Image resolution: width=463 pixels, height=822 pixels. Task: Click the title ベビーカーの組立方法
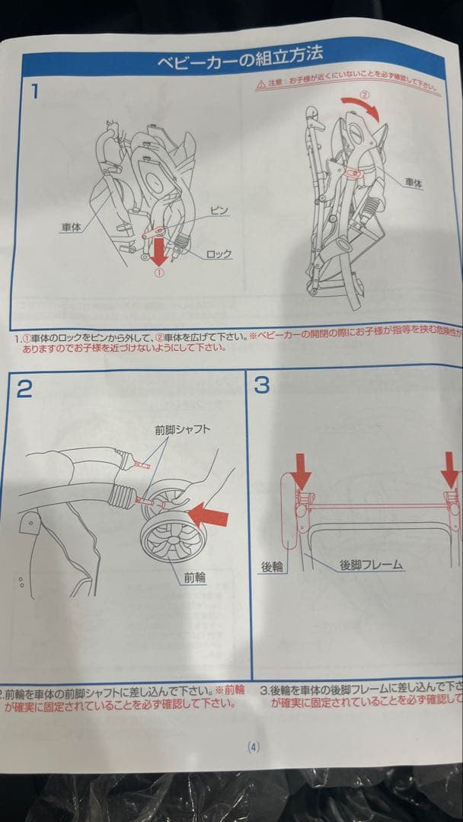[240, 59]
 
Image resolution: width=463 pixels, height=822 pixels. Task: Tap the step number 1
[34, 92]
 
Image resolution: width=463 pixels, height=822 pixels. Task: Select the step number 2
[24, 388]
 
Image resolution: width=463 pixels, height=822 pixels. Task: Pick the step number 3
[261, 385]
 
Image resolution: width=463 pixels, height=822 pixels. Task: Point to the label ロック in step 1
[219, 253]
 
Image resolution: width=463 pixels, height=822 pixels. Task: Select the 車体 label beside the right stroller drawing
[414, 183]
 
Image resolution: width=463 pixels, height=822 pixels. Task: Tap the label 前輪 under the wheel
[194, 577]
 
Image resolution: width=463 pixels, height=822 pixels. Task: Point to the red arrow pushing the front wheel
[208, 517]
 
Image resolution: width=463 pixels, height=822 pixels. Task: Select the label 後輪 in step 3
[272, 566]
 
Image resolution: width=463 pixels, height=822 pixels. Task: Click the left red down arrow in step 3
[302, 473]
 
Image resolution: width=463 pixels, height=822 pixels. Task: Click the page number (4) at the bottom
[254, 747]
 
